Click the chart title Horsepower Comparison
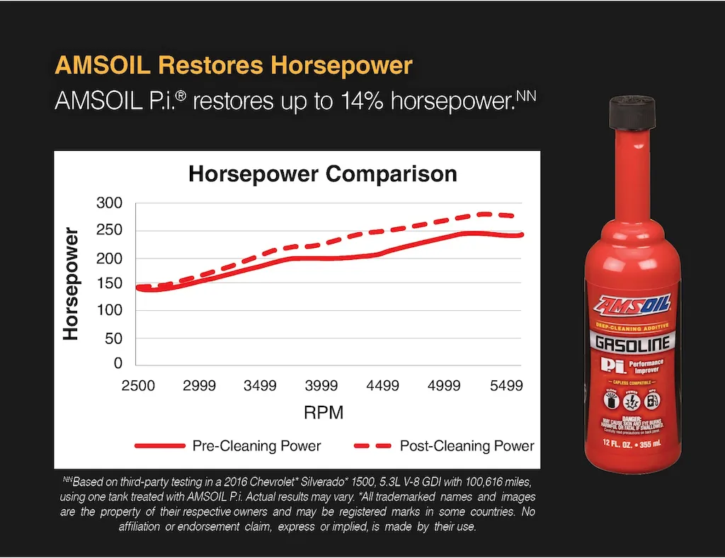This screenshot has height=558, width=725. (x=322, y=173)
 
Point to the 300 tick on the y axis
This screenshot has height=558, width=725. (x=110, y=204)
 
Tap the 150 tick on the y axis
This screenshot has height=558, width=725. (x=110, y=284)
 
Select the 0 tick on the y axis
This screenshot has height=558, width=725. (x=118, y=364)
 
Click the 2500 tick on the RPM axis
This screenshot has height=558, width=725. (x=139, y=386)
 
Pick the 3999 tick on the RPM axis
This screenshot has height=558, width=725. (x=321, y=386)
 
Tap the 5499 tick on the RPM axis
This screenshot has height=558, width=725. (x=506, y=386)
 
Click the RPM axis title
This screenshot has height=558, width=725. (x=323, y=413)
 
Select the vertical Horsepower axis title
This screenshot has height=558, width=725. (x=71, y=283)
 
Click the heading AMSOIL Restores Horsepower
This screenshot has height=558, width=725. (x=234, y=66)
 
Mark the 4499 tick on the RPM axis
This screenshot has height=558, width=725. (x=382, y=386)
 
